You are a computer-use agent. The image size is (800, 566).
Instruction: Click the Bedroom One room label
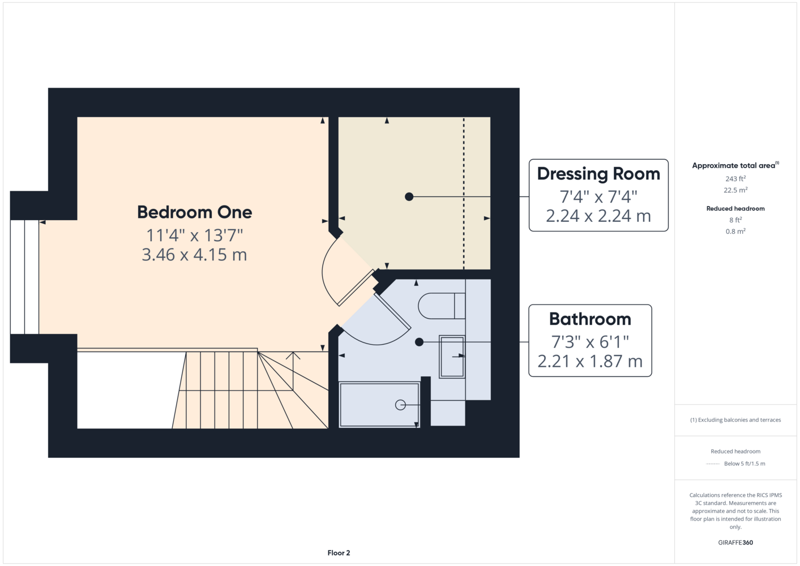195,212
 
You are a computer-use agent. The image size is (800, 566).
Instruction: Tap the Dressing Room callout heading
598,174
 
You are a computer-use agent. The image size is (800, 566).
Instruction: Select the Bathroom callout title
590,319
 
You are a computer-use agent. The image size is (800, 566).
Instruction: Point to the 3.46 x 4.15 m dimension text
194,255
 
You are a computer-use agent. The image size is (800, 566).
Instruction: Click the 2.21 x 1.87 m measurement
590,361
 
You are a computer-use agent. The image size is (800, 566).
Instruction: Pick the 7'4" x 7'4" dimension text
598,196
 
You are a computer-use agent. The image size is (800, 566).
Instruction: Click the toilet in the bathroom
442,306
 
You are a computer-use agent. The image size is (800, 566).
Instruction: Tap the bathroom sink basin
452,357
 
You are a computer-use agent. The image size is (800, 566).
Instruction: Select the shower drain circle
400,405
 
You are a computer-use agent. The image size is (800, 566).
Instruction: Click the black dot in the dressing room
409,197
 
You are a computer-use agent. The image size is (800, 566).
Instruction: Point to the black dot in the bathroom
420,342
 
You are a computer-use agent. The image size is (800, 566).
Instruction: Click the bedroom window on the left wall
24,277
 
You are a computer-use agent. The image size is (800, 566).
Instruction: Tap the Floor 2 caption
339,553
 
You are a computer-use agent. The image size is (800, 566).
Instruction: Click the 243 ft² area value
735,178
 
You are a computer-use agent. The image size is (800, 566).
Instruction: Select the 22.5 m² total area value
735,190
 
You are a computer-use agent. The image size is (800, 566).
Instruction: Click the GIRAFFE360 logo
735,542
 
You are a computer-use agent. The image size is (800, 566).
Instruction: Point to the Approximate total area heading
735,165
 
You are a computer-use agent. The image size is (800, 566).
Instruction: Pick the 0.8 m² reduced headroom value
735,231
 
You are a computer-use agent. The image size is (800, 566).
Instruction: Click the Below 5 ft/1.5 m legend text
745,464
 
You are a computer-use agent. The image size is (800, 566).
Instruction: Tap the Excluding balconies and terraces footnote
735,420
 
